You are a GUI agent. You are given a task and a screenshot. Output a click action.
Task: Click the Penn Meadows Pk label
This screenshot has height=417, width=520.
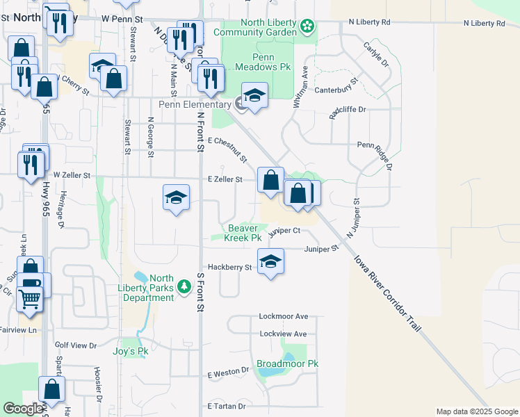[x=254, y=63]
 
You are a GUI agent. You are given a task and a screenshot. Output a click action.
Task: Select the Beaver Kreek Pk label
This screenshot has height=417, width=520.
[x=243, y=233]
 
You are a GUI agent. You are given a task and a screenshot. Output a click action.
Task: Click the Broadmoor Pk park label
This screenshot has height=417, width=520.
[x=287, y=363]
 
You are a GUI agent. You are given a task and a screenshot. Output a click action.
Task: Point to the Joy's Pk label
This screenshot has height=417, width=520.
[x=131, y=351]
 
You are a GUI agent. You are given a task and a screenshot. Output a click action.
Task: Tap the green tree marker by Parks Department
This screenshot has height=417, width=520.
[x=184, y=286]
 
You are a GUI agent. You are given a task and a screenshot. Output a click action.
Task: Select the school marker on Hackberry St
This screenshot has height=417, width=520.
[x=270, y=262]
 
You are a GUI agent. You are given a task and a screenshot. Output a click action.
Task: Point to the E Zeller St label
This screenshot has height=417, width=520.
[x=225, y=179]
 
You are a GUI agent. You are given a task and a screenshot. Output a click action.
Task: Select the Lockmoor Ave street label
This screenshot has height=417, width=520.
[x=283, y=316]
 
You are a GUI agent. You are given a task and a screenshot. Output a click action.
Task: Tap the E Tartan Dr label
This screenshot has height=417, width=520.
[x=227, y=406]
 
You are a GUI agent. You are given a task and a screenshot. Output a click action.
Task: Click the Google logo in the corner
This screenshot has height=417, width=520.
[x=23, y=409]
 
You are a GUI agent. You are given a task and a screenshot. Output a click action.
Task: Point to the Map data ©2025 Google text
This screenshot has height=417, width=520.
[x=476, y=411]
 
